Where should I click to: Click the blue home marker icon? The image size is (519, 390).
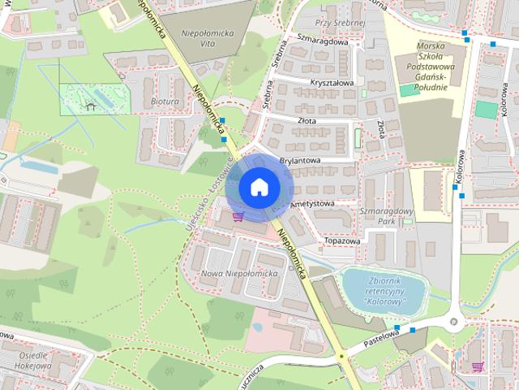pyautogui.click(x=259, y=188)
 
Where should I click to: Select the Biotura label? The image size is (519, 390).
pyautogui.click(x=164, y=103)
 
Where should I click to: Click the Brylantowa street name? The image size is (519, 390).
pyautogui.click(x=300, y=161)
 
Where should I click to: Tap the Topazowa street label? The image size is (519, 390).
pyautogui.click(x=341, y=241)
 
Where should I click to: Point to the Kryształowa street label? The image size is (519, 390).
pyautogui.click(x=332, y=83)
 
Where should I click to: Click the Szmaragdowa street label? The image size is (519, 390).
pyautogui.click(x=322, y=41)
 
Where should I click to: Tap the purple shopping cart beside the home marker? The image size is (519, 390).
pyautogui.click(x=238, y=216)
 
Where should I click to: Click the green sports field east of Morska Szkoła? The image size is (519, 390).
pyautogui.click(x=486, y=110)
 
